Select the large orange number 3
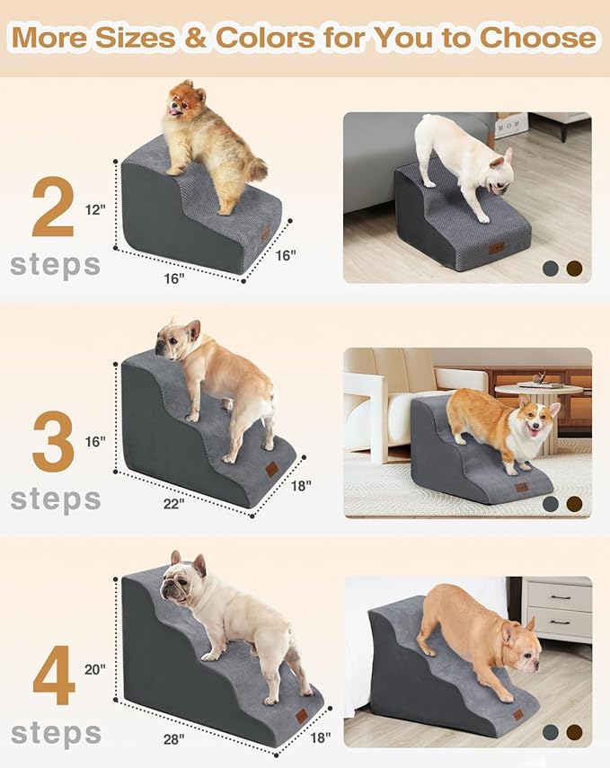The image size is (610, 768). pyautogui.click(x=53, y=441)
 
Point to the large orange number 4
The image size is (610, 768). pyautogui.click(x=54, y=681)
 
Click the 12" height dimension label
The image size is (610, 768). pyautogui.click(x=95, y=210)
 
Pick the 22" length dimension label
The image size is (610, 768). pyautogui.click(x=173, y=503)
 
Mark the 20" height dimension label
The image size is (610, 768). pyautogui.click(x=95, y=669)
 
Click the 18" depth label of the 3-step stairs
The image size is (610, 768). pyautogui.click(x=301, y=485)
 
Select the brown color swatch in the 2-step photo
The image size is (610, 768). pyautogui.click(x=573, y=268)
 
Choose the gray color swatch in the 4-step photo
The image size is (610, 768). pyautogui.click(x=551, y=732)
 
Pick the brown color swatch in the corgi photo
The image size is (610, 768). pyautogui.click(x=573, y=504)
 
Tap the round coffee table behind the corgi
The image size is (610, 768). pyautogui.click(x=538, y=393)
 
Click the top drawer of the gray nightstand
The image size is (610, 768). pyautogui.click(x=558, y=596)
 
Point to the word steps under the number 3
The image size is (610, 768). pyautogui.click(x=55, y=499)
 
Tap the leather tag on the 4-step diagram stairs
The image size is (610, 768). pyautogui.click(x=301, y=716)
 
